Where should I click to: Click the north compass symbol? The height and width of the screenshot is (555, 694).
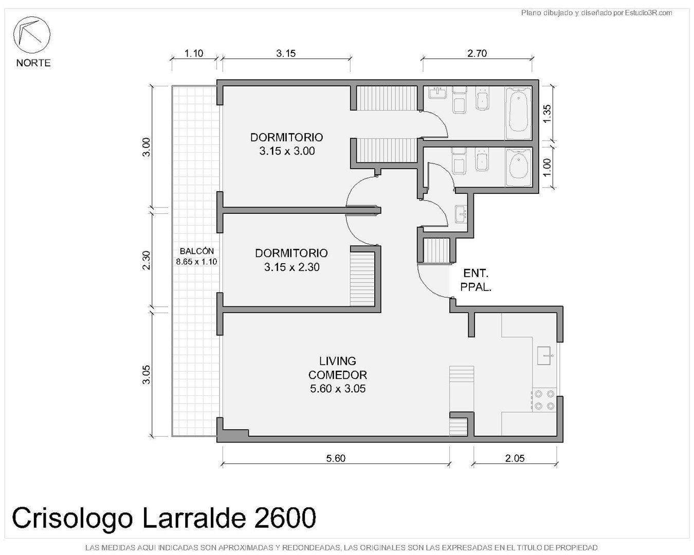(x=31, y=35)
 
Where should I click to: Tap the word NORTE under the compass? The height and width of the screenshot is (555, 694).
(x=33, y=63)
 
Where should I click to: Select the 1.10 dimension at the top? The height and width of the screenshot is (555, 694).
(x=194, y=53)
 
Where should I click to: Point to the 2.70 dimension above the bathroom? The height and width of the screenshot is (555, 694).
(x=477, y=53)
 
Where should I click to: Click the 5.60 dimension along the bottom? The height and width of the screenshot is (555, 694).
(x=336, y=458)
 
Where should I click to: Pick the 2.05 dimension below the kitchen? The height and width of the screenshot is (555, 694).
(x=515, y=458)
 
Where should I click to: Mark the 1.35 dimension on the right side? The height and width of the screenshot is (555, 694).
(x=547, y=114)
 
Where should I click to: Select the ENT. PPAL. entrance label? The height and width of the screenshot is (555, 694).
(x=476, y=280)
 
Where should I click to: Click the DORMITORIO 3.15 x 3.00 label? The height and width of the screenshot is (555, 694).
(x=287, y=144)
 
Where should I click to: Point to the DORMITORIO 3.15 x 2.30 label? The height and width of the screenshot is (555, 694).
(x=291, y=260)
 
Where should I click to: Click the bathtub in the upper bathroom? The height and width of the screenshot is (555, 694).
(x=518, y=113)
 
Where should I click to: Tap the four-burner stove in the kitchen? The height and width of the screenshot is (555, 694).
(x=544, y=400)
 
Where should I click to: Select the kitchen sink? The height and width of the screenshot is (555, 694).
(x=544, y=356)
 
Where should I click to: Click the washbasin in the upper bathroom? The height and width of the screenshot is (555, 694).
(x=437, y=92)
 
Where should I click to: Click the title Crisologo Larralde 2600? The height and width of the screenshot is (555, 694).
(x=164, y=517)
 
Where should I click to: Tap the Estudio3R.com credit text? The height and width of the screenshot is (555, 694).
(x=649, y=13)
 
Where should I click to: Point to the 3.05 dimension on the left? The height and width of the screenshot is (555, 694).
(x=147, y=375)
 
